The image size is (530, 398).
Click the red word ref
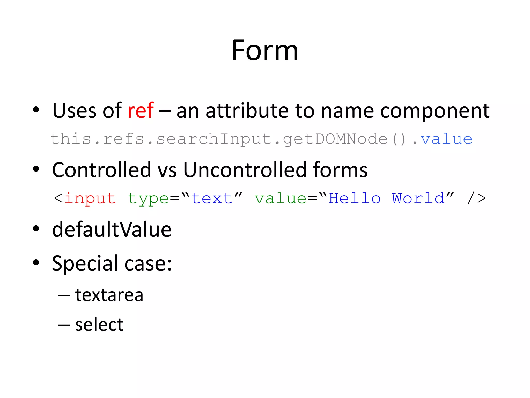click(141, 111)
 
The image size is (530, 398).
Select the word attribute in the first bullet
click(247, 111)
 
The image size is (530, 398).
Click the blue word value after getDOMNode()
click(446, 139)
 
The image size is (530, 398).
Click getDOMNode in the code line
click(335, 139)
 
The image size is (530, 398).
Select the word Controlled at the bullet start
click(101, 170)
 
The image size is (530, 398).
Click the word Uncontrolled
click(245, 170)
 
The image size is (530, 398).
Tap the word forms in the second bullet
click(340, 170)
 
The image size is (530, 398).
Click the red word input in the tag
click(90, 199)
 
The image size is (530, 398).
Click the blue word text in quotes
click(212, 199)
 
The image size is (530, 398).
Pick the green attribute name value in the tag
click(281, 199)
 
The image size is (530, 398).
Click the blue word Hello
click(355, 199)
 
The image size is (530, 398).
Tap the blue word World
click(418, 199)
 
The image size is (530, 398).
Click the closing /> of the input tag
click(477, 199)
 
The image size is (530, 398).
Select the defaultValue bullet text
click(112, 230)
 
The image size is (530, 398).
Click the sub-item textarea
click(109, 295)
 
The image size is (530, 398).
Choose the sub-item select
click(99, 325)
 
